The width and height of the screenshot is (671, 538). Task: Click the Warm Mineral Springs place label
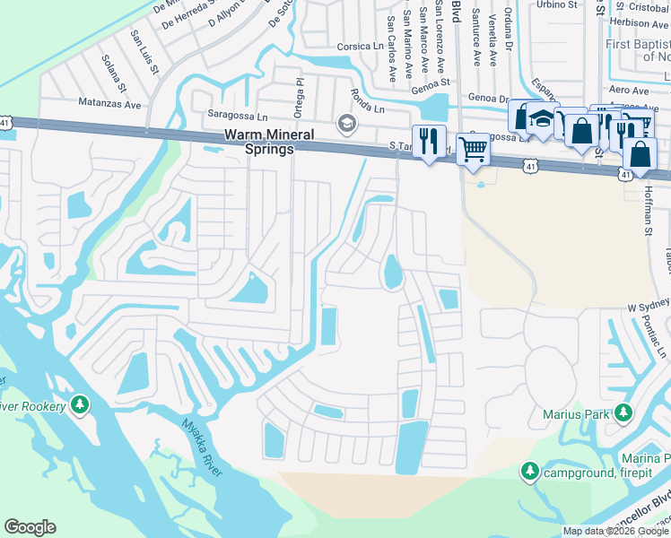269,142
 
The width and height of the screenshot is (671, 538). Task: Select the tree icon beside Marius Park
622,413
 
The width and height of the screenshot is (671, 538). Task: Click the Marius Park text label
575,414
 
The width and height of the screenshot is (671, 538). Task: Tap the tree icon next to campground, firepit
530,472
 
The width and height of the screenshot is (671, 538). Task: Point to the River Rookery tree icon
81,406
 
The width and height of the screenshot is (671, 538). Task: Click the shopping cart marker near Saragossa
472,148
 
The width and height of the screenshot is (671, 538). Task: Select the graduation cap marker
542,119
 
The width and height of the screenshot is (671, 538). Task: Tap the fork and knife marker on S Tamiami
429,141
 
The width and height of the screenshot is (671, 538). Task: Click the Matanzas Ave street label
110,104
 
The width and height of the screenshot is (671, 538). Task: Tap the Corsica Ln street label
359,46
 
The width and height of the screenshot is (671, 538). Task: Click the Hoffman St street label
649,204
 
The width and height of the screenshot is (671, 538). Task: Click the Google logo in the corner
30,527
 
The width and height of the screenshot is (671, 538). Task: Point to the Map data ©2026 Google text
614,531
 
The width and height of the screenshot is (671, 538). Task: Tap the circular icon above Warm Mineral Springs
346,123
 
